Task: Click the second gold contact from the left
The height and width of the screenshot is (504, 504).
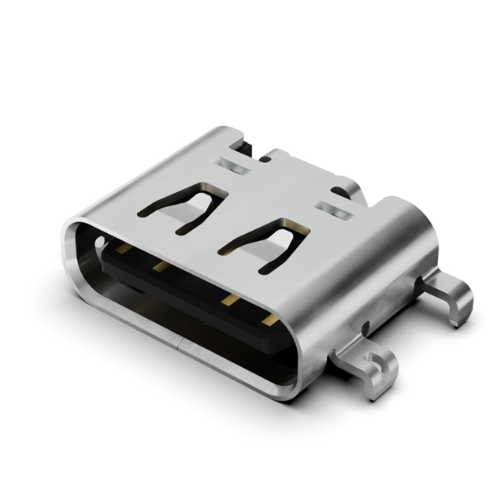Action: [161, 267]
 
